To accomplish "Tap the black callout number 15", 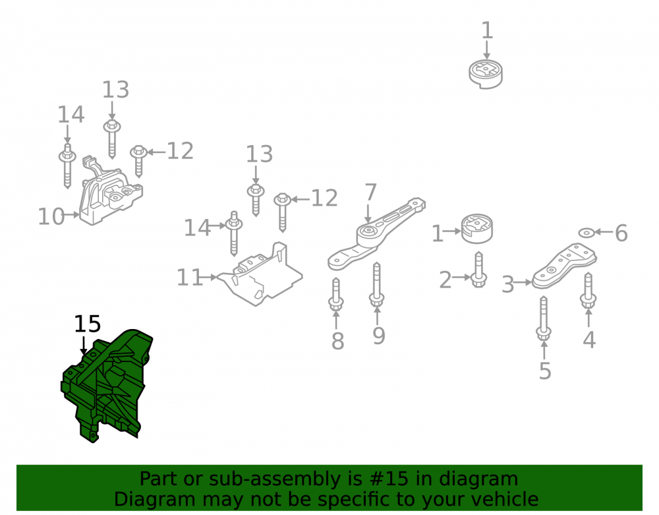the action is pyautogui.click(x=88, y=324).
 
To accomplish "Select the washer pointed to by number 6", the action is pyautogui.click(x=587, y=232).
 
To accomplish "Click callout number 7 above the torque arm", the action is pyautogui.click(x=370, y=193).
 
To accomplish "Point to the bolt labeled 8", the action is pyautogui.click(x=336, y=295).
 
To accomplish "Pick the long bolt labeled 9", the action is pyautogui.click(x=376, y=285).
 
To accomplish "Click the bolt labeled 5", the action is pyautogui.click(x=544, y=318).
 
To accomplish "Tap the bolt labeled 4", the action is pyautogui.click(x=588, y=291).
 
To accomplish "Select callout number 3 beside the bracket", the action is pyautogui.click(x=508, y=284).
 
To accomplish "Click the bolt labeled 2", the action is pyautogui.click(x=478, y=270).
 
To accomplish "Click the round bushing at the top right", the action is pyautogui.click(x=486, y=75).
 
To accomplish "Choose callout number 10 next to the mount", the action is pyautogui.click(x=51, y=216).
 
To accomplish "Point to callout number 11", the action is pyautogui.click(x=190, y=278).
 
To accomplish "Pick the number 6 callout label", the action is pyautogui.click(x=621, y=233).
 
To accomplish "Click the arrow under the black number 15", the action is pyautogui.click(x=84, y=345).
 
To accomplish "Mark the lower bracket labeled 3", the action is pyautogui.click(x=563, y=267).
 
